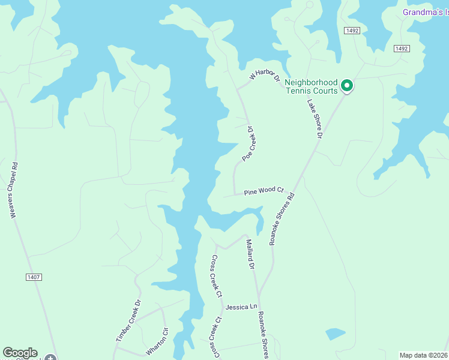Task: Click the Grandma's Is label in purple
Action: coord(425,12)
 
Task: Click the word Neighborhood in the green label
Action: coord(311,82)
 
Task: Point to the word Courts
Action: coord(324,91)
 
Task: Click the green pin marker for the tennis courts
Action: coord(347,86)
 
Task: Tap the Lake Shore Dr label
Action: coord(315,119)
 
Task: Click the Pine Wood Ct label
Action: coord(263,191)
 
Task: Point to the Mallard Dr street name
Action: coord(251,253)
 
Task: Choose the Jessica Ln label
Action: coord(237,307)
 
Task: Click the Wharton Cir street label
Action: coord(158,341)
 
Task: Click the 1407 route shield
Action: coord(33,277)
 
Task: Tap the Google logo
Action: coord(20,353)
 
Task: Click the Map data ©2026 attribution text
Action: coord(424,355)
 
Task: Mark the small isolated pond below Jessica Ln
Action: coord(336,334)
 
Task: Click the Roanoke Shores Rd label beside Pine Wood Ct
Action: coord(283,218)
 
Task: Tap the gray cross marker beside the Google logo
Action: coord(50,358)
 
